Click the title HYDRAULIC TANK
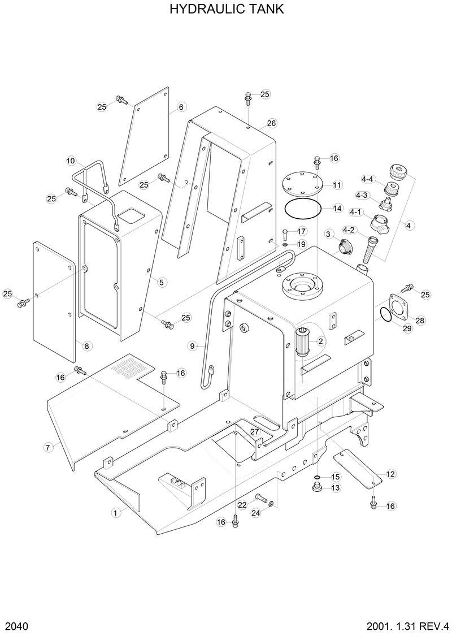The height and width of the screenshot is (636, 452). click(226, 10)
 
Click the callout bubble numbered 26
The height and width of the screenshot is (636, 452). click(271, 123)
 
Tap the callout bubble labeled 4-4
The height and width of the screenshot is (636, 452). click(367, 179)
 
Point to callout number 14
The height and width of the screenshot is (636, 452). click(337, 208)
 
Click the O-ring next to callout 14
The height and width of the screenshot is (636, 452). click(304, 208)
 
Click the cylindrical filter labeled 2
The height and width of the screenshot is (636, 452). click(304, 341)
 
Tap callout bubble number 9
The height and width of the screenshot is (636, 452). click(192, 345)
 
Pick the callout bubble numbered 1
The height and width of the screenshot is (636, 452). click(116, 513)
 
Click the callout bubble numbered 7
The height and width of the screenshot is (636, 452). click(48, 447)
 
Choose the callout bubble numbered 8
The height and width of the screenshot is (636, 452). click(86, 345)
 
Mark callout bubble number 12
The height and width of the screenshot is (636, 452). click(390, 474)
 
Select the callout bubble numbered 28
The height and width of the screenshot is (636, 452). click(420, 321)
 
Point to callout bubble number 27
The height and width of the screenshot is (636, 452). click(255, 432)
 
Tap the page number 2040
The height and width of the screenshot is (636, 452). click(17, 626)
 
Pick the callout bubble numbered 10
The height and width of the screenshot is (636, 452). click(71, 161)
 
